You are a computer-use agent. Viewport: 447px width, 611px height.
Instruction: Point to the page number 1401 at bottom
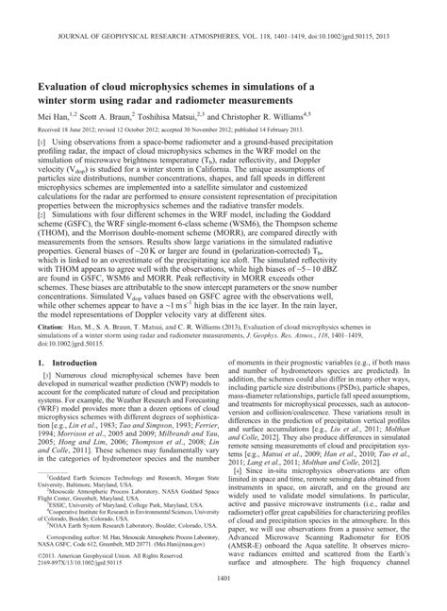click(x=223, y=590)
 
